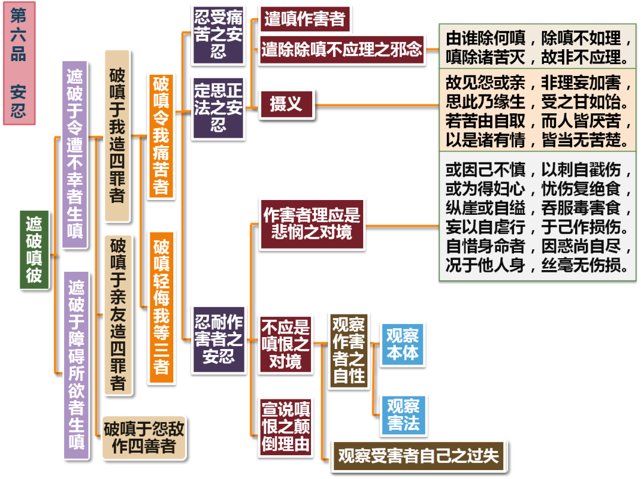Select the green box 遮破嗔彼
coord(34,249)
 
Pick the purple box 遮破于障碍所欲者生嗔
coord(76,365)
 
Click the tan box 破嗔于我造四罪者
coord(117,135)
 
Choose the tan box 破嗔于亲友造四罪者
coord(118,315)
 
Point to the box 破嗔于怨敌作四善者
coord(144,437)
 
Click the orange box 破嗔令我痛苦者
coord(161,135)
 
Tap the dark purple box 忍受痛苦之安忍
coord(218,34)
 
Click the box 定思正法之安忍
coord(218,107)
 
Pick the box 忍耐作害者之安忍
coord(218,339)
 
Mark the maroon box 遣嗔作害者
coord(304,18)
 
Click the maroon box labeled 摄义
coord(286,104)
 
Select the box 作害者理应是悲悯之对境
coord(312,224)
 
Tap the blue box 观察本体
coord(402,344)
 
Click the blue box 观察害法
coord(403,414)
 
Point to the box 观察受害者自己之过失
coord(418,456)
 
